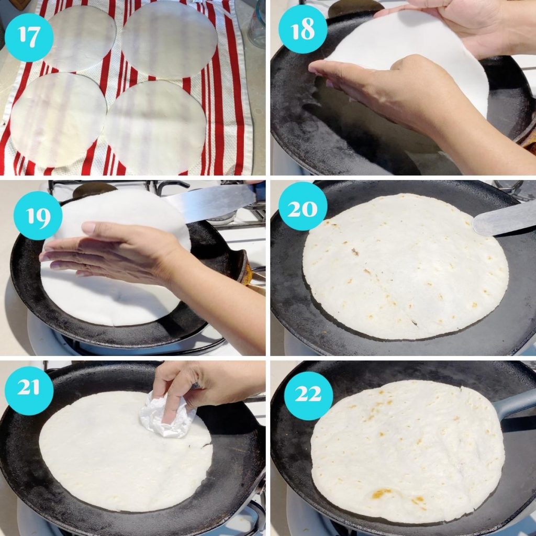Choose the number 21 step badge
click(x=29, y=390)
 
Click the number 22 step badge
click(x=308, y=396)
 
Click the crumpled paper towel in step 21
click(x=166, y=416)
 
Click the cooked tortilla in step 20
click(x=406, y=267)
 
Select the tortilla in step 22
click(x=408, y=450)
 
